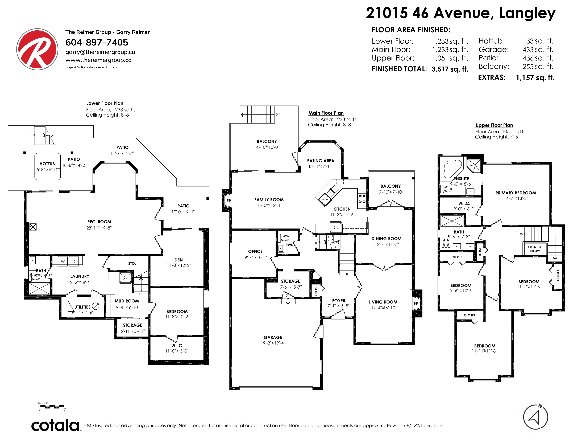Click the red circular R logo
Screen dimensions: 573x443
tap(37, 49)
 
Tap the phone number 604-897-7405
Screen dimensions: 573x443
tap(97, 42)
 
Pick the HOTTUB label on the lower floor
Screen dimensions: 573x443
tap(47, 164)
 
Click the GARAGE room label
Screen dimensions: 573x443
tap(273, 338)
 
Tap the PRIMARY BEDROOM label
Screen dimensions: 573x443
tap(516, 193)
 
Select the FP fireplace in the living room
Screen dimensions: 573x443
tap(416, 303)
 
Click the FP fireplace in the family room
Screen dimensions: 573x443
tap(228, 201)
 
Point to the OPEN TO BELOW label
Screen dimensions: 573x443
tap(535, 249)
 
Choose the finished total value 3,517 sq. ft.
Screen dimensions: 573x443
tap(450, 69)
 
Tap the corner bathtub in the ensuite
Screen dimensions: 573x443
tap(452, 169)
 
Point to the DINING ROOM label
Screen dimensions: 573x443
tap(387, 239)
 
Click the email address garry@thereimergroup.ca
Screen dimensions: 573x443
tap(100, 52)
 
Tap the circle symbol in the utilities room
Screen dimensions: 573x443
tap(95, 306)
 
